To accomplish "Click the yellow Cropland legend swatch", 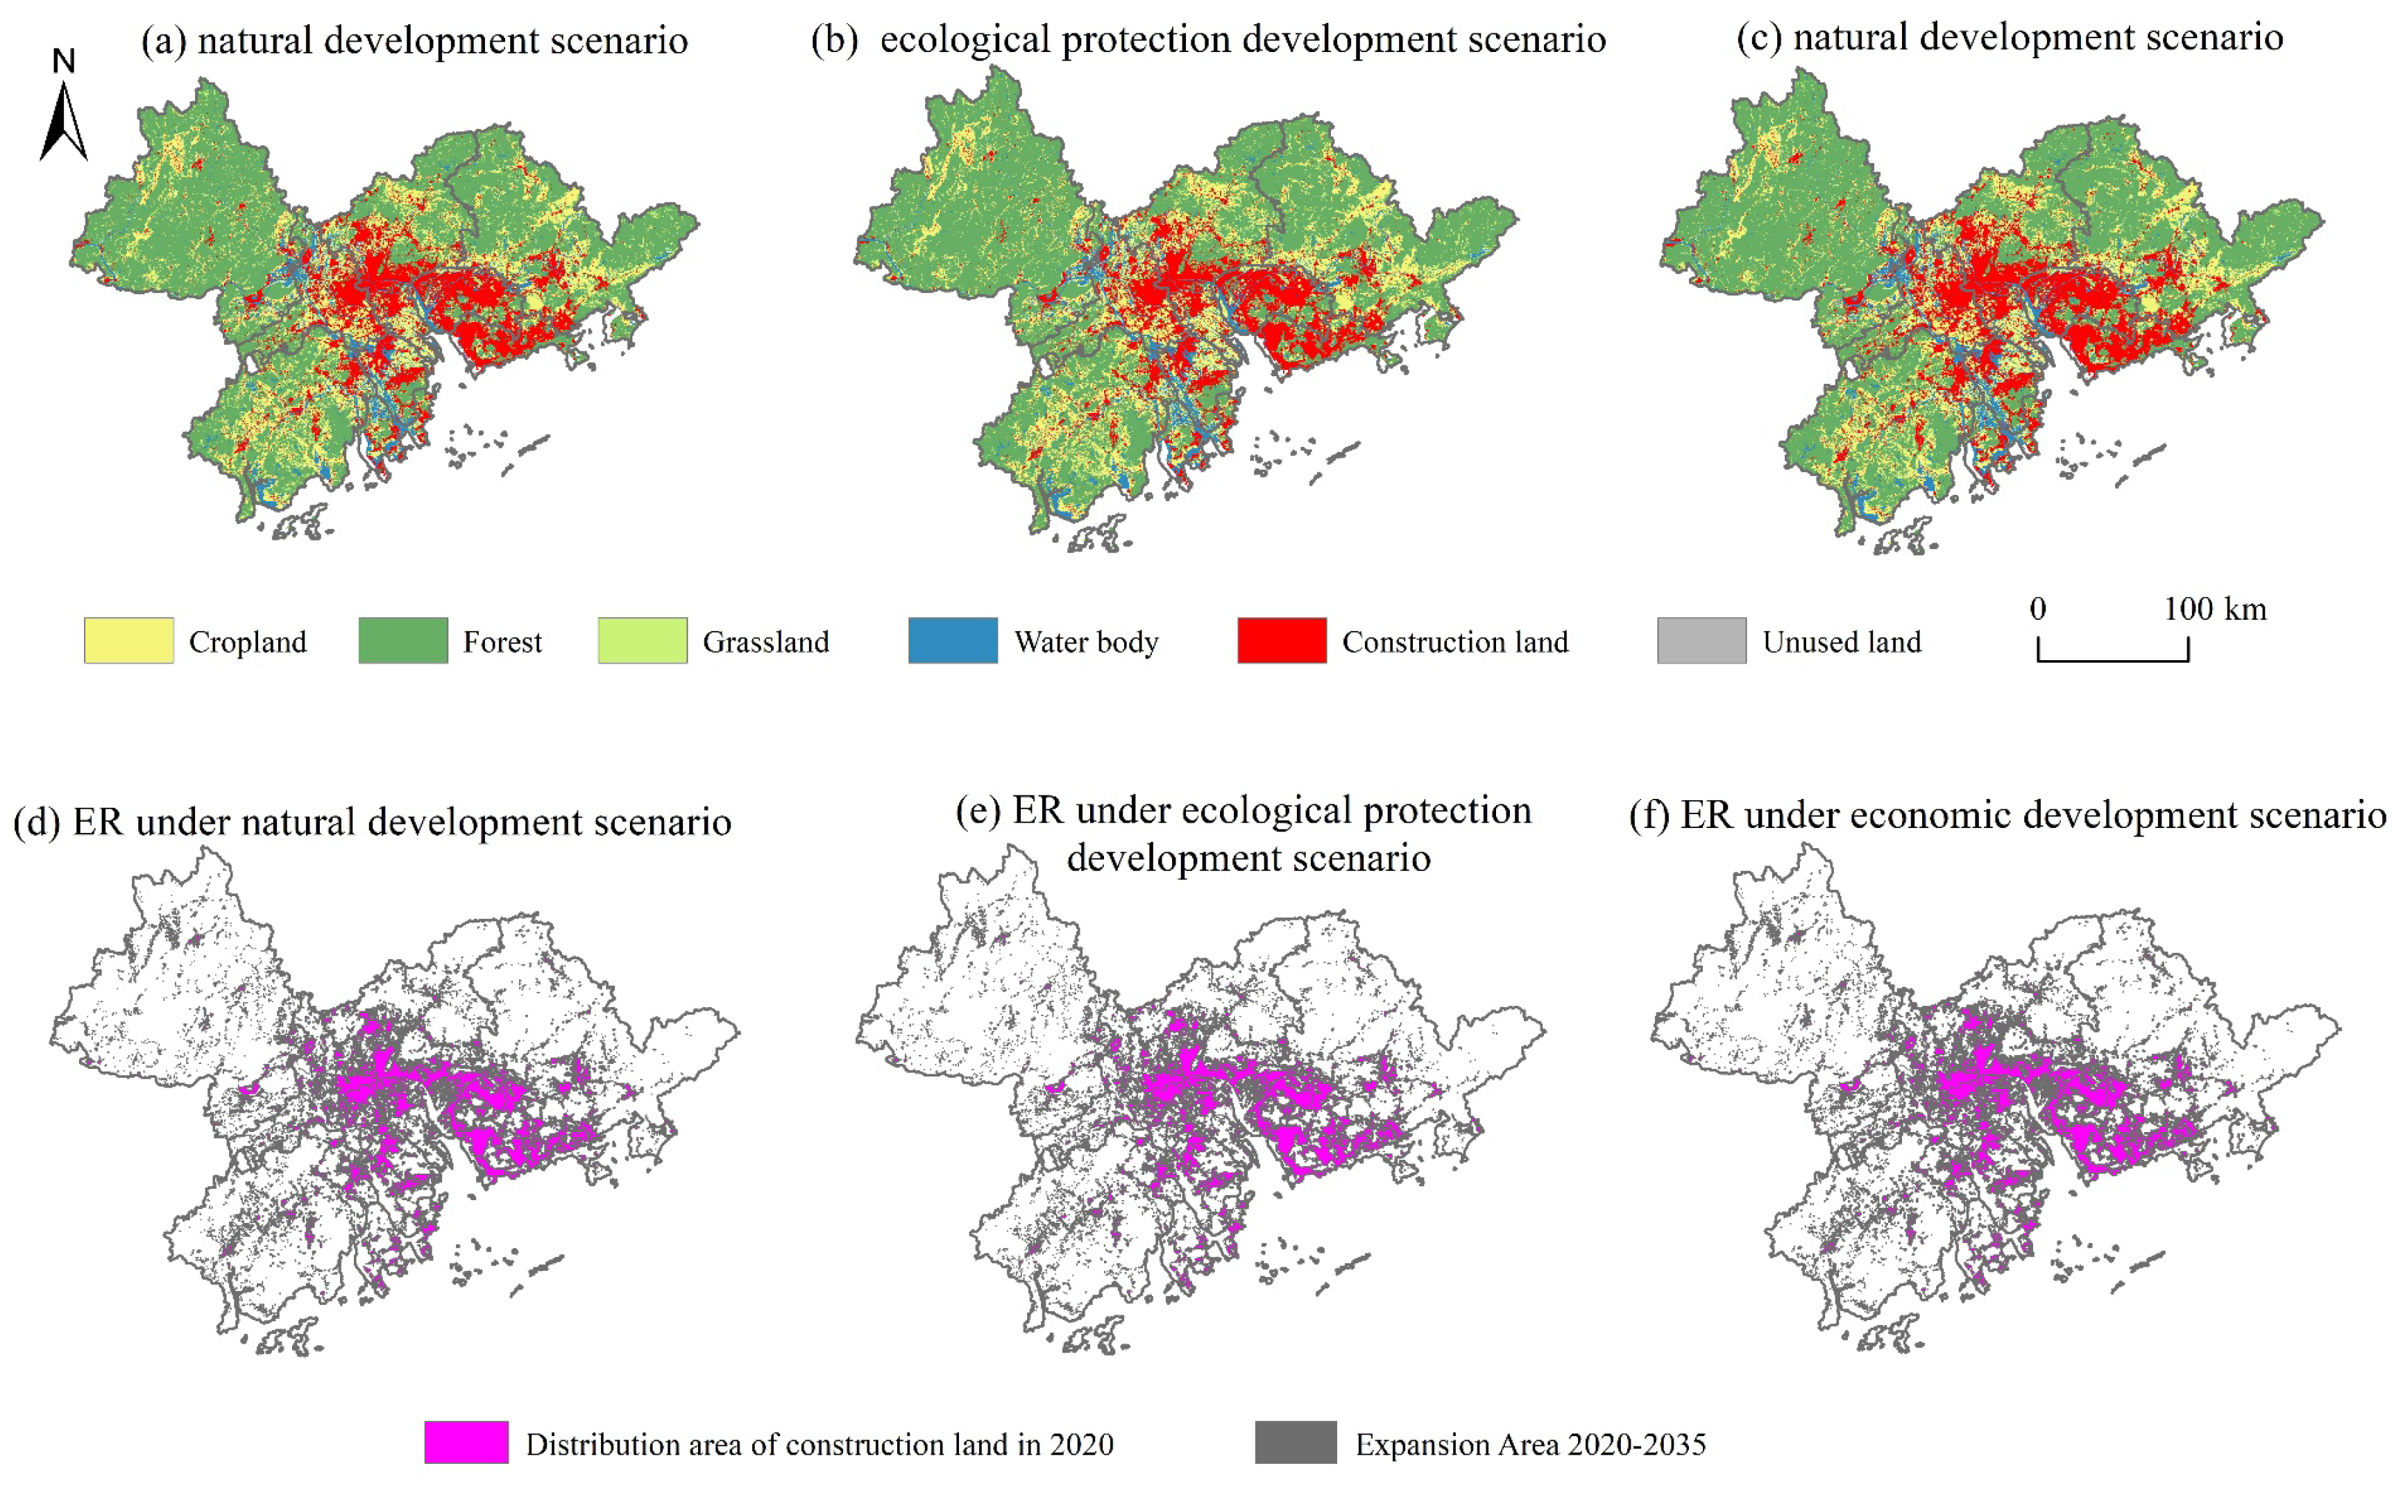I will tap(128, 641).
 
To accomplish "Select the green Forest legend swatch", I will tap(402, 641).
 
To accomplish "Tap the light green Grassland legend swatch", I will tap(643, 641).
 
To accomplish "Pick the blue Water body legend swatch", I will tap(952, 641).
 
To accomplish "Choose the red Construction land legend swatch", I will tap(1281, 641).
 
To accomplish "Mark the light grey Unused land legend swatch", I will tap(1701, 641).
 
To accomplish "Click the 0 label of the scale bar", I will tap(2037, 609).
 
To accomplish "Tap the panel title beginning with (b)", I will tap(1207, 40).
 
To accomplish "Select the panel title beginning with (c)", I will tap(2009, 37).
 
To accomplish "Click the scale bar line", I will tap(2112, 659).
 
